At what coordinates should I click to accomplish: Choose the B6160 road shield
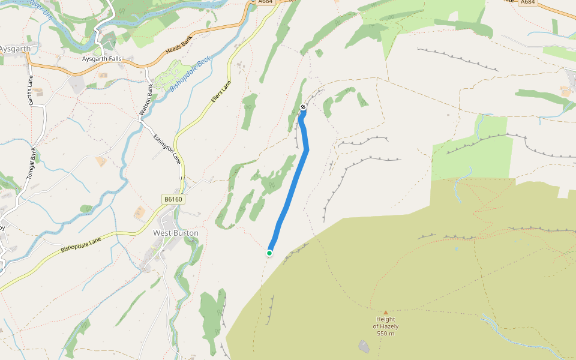[172, 199]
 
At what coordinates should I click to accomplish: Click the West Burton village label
[176, 233]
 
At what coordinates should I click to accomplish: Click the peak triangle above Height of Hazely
[385, 312]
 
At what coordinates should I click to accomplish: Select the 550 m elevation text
[385, 334]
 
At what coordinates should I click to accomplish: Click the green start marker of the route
[269, 253]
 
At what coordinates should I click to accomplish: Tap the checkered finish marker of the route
[304, 107]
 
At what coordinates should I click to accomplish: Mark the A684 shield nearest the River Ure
[265, 2]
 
